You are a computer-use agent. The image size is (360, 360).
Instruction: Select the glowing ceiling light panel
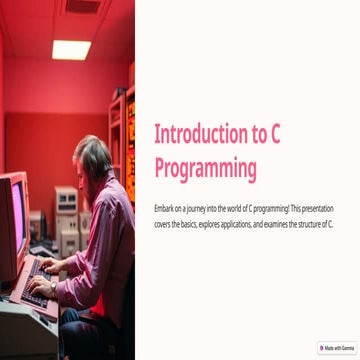coord(71,49)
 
